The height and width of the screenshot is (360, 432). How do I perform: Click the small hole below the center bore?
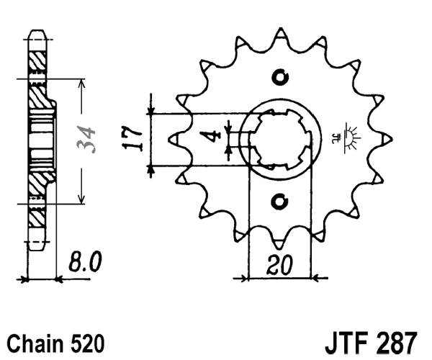[x=279, y=202]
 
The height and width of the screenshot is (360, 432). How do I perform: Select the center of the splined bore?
[x=279, y=139]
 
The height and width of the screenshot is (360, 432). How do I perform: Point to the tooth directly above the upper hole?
[x=280, y=34]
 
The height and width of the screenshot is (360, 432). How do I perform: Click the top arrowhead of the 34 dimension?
[x=81, y=83]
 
